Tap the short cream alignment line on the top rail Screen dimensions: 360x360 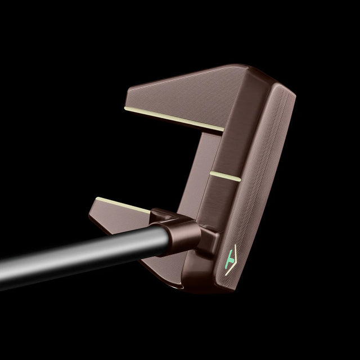point(225,175)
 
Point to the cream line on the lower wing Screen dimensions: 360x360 point(123,205)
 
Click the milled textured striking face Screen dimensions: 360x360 point(259,186)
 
